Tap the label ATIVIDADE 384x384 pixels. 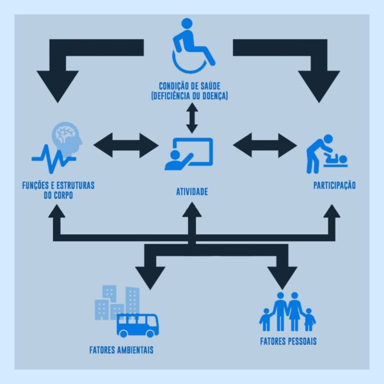tap(192, 192)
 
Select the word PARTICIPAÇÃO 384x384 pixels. tap(335, 185)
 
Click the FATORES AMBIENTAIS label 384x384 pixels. tap(122, 350)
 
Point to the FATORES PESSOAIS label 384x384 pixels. tap(288, 341)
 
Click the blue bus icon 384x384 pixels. tap(138, 326)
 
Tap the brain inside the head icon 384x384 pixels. tap(65, 133)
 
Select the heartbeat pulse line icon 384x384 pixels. tap(54, 159)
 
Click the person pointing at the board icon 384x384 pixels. tap(189, 154)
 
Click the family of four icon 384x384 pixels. tap(287, 312)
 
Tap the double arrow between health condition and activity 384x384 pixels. tap(192, 118)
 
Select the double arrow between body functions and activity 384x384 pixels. tap(126, 145)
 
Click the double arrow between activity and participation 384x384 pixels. tap(265, 145)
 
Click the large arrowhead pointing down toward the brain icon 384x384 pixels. tap(58, 86)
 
